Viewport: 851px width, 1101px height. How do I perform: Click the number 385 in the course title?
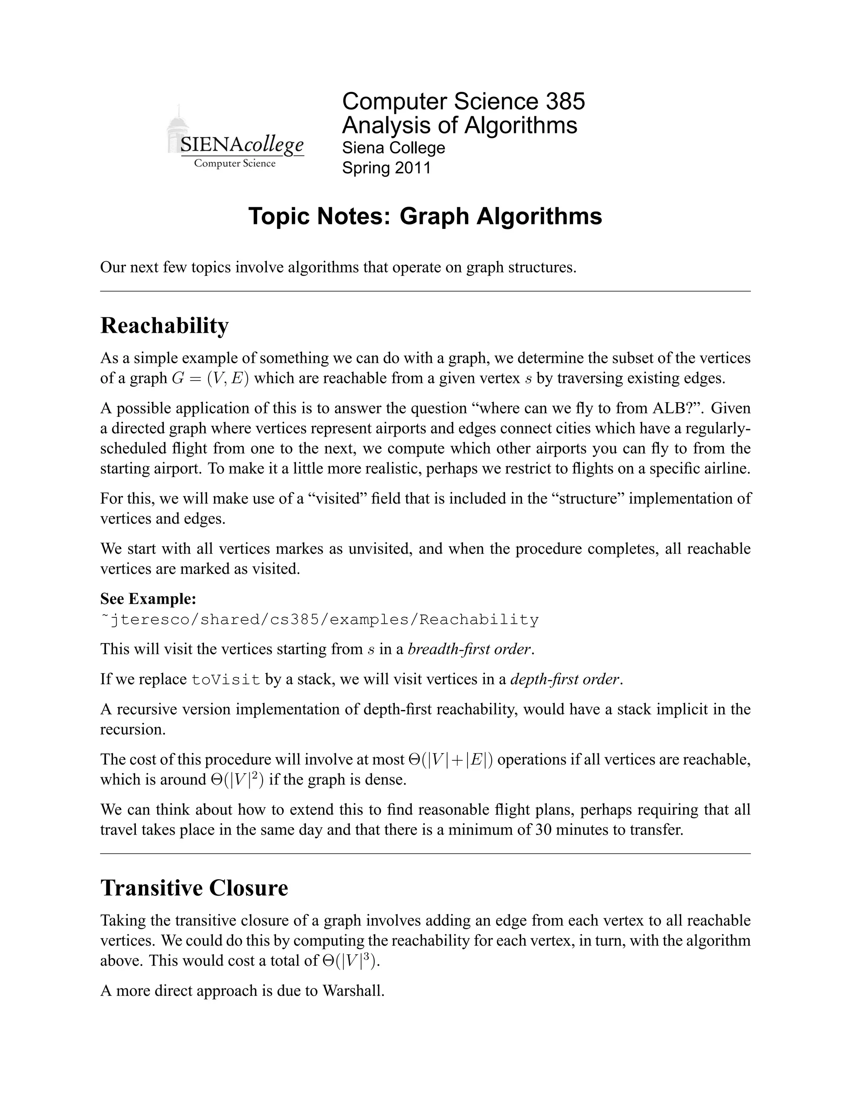coord(565,101)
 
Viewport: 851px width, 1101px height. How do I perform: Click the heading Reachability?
coord(165,326)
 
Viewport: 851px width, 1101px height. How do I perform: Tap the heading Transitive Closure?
coord(194,888)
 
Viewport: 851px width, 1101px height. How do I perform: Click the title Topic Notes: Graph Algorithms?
coord(425,216)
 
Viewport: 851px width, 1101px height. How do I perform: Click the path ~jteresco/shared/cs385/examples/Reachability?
coord(320,619)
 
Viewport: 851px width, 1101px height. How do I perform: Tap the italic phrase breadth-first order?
coord(470,649)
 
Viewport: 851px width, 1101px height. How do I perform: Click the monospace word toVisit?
coord(226,680)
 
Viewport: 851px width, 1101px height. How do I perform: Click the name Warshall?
coord(353,990)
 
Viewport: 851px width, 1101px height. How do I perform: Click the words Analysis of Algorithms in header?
coord(459,125)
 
